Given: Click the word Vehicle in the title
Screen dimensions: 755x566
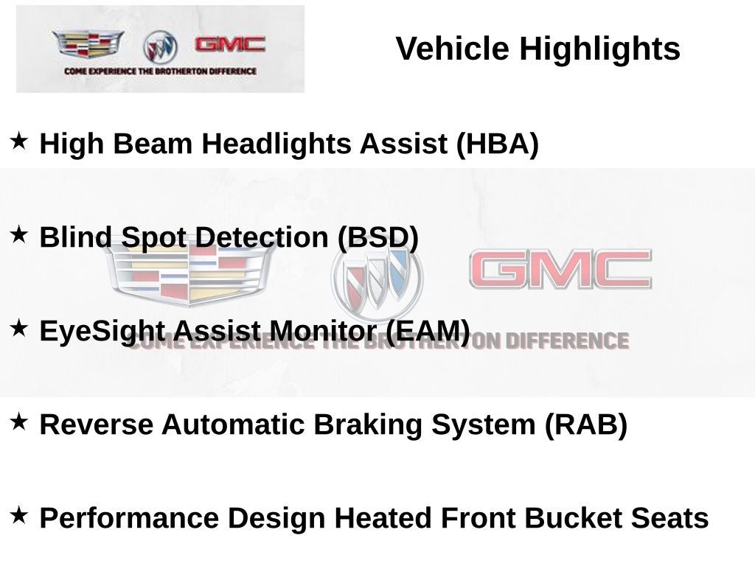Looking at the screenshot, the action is point(452,49).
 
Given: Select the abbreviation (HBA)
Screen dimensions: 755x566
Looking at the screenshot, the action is point(498,144).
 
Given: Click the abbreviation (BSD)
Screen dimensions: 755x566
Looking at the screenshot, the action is point(378,238).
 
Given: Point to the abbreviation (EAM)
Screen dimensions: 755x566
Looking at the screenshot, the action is point(428,331).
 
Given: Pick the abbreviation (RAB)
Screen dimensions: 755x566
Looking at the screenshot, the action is point(586,424).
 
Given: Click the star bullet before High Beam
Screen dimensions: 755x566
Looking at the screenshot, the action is point(18,141).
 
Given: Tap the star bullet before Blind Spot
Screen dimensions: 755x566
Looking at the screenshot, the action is point(18,234).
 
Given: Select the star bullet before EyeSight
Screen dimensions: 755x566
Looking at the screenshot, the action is point(18,328).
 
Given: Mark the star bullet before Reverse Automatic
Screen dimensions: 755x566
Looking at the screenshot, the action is point(18,422).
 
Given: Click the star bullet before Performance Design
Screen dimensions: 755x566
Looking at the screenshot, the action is point(18,515).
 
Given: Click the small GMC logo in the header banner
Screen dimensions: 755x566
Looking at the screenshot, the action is point(230,44).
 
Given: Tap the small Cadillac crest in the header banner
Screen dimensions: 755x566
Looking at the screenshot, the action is point(88,43).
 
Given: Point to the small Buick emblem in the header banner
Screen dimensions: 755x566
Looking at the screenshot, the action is point(160,47).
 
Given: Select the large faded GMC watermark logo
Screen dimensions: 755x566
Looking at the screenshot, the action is point(560,269).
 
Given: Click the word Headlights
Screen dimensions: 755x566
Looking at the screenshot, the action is point(276,144).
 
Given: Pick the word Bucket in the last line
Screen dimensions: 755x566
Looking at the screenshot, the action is point(573,518).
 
